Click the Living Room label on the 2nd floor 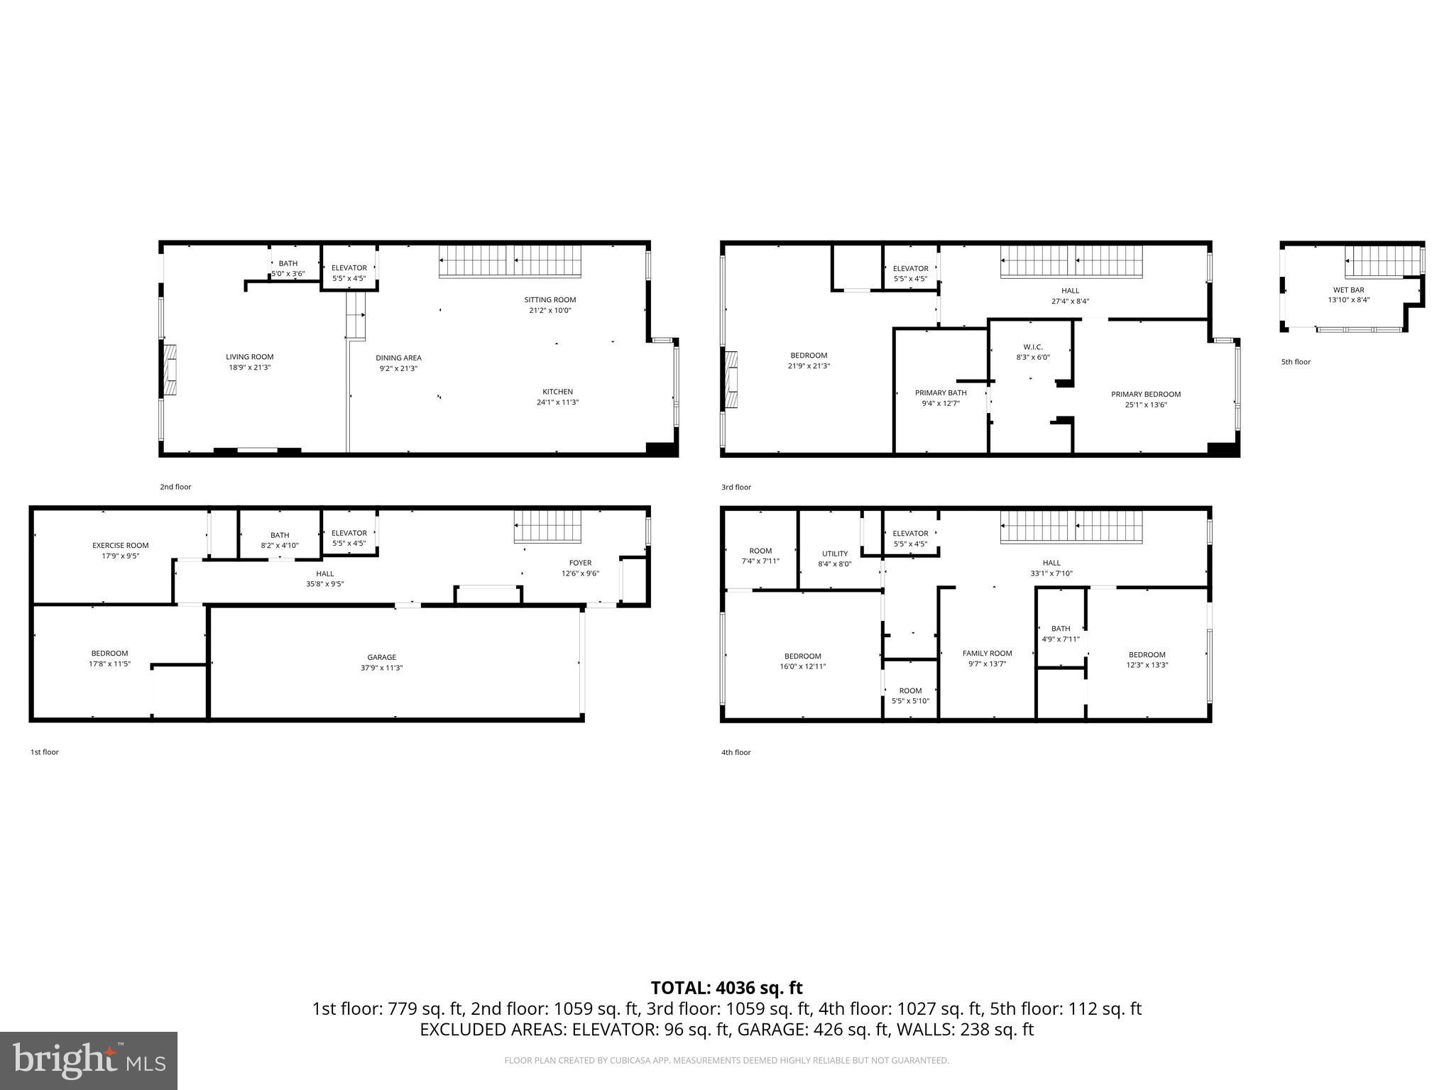point(249,358)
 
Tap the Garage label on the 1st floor point(381,658)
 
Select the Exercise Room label point(121,546)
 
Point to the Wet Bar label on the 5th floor point(1348,290)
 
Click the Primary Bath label point(941,393)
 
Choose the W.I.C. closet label point(1032,347)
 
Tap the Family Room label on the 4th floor point(987,654)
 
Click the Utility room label point(835,554)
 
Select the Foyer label point(580,563)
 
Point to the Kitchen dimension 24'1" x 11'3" point(557,403)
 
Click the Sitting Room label point(550,300)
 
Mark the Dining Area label point(398,358)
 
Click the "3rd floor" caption point(736,488)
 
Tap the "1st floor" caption point(44,752)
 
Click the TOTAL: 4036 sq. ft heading point(726,988)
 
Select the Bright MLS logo point(89,1061)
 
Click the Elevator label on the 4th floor point(910,534)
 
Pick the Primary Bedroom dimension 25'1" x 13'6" point(1146,405)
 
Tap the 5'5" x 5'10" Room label point(910,696)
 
